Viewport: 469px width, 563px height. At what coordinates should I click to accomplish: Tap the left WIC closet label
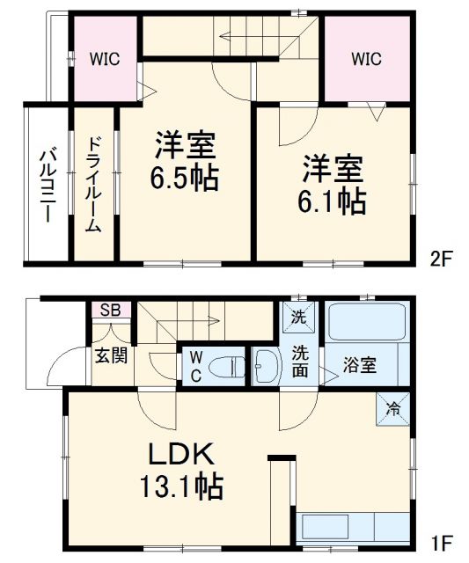(x=104, y=59)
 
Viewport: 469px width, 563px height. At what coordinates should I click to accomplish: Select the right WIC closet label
(x=366, y=59)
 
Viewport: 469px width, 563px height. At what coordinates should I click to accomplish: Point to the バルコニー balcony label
(x=47, y=185)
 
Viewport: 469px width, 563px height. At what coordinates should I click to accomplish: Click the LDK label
(x=181, y=454)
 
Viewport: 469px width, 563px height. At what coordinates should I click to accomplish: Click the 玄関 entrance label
(x=111, y=355)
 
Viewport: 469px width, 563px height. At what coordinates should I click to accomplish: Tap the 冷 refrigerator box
(x=393, y=407)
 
